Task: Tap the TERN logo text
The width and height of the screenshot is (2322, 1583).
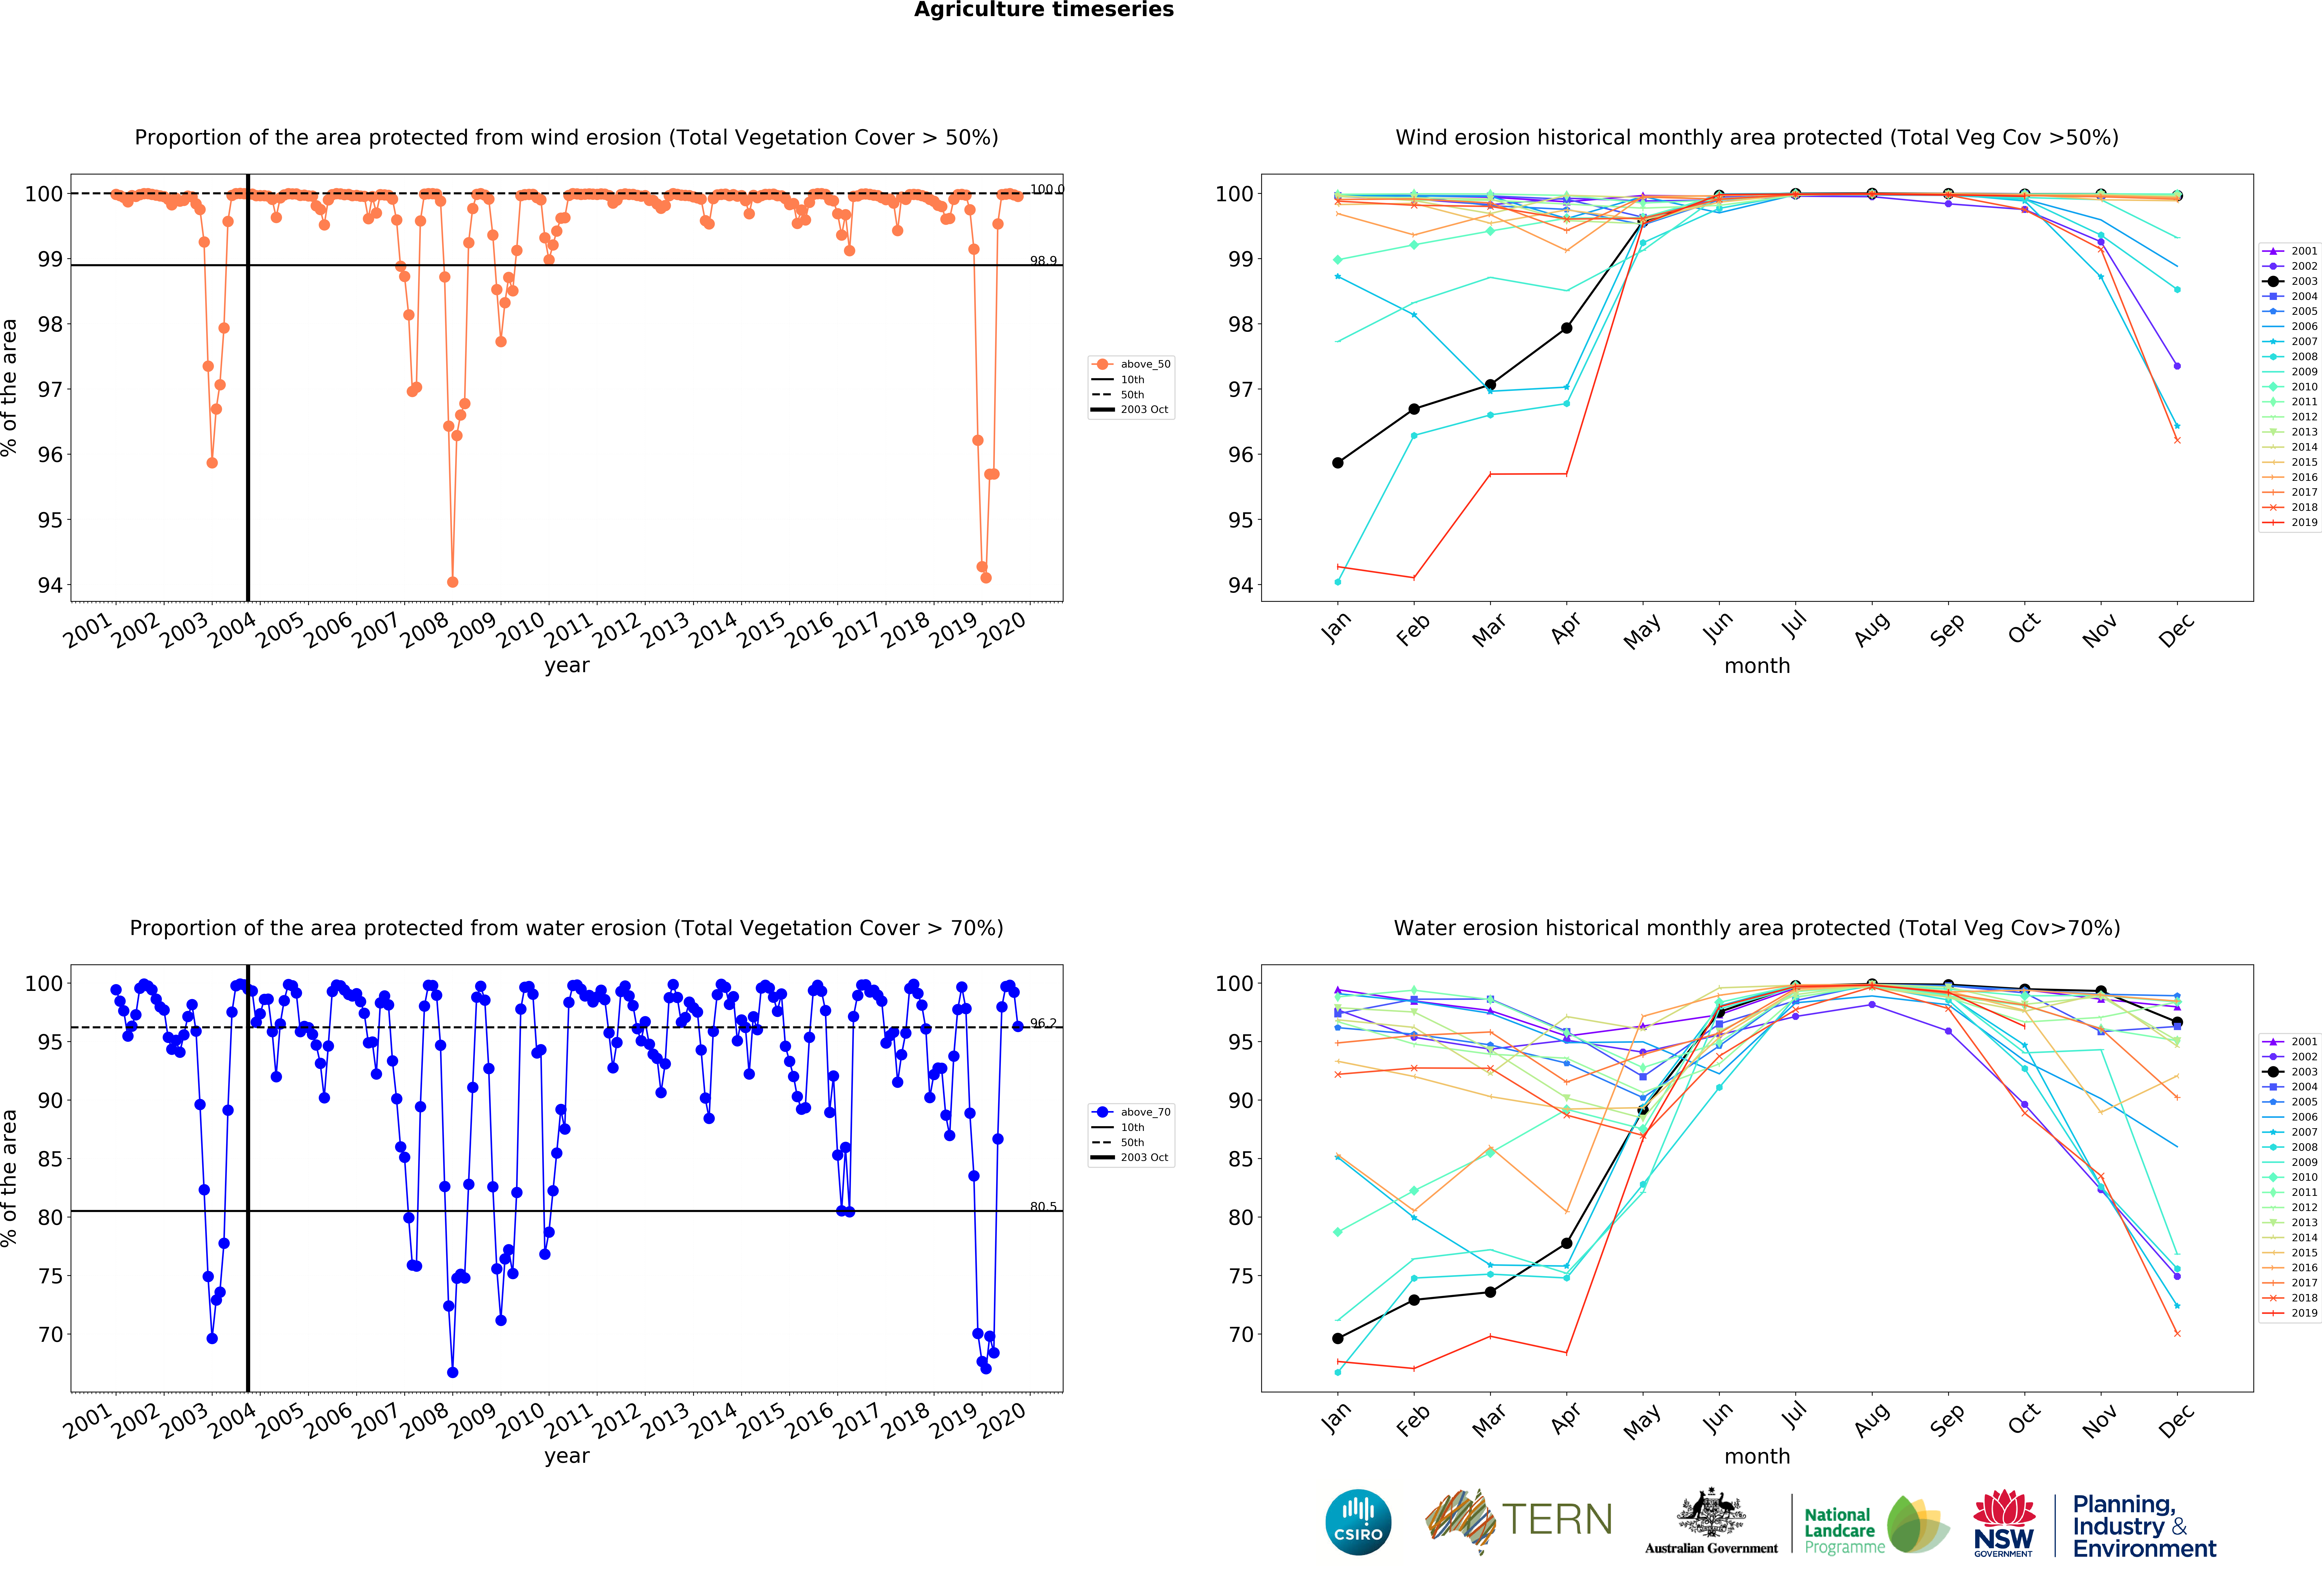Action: (1557, 1520)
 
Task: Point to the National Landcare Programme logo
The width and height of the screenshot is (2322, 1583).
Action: (1874, 1526)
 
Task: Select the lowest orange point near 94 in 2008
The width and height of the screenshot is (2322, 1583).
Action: (453, 582)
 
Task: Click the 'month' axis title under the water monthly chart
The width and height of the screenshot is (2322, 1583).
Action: (1756, 1456)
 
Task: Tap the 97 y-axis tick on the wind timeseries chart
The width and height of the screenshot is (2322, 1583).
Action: (50, 390)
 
